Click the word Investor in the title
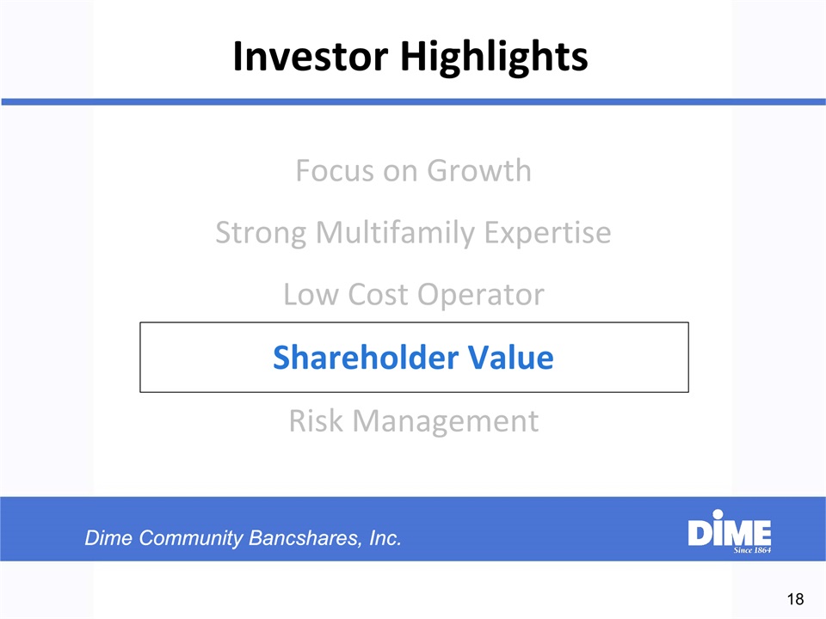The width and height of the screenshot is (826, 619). [x=311, y=56]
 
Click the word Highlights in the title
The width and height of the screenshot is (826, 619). [x=494, y=58]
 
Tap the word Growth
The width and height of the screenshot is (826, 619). [x=479, y=170]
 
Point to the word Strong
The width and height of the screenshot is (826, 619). [x=261, y=233]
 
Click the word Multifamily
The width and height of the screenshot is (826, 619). [x=395, y=233]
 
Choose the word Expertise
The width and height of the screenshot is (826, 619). [x=548, y=233]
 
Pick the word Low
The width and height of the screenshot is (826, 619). [x=311, y=295]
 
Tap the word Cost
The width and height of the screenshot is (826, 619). [x=379, y=295]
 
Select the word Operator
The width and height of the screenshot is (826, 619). [x=481, y=295]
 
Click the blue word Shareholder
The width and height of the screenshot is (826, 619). [x=366, y=358]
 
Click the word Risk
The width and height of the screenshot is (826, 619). [x=316, y=421]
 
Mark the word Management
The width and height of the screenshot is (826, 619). [x=446, y=422]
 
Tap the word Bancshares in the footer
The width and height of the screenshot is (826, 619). [x=305, y=538]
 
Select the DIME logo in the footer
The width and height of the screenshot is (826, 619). [x=730, y=531]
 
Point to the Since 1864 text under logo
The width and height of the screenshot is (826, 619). [x=752, y=550]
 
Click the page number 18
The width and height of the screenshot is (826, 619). [x=795, y=599]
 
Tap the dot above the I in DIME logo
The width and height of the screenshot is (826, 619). [x=718, y=514]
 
